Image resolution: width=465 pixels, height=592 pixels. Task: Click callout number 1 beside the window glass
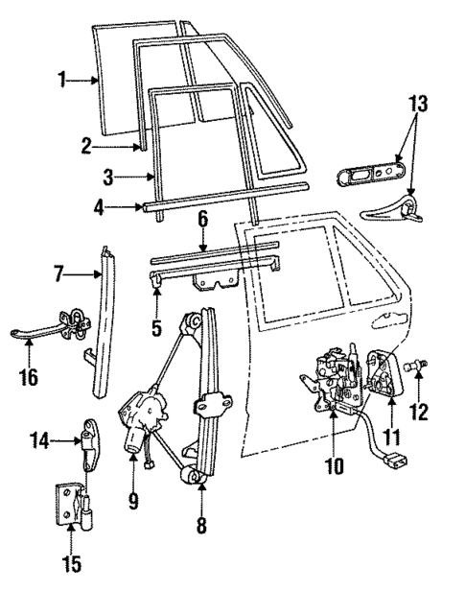[63, 82]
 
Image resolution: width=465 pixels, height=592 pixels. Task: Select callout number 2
[85, 146]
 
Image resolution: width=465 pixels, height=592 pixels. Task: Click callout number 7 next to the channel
[58, 276]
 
